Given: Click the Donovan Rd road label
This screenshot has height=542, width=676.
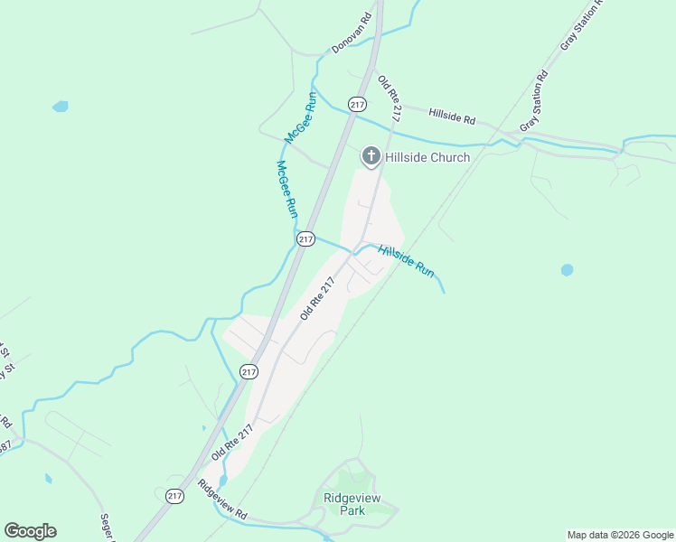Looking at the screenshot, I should click(x=352, y=33).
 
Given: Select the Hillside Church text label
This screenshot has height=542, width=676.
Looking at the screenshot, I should click(x=427, y=157).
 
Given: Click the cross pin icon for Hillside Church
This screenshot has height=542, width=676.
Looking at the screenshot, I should click(x=371, y=156).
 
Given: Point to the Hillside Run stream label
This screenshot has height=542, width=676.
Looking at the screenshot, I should click(x=407, y=261).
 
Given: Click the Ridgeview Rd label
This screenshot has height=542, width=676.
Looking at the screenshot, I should click(x=223, y=499).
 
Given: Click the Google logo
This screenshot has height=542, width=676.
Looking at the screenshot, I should click(x=30, y=531).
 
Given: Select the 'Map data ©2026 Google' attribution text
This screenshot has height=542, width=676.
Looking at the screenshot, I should click(x=620, y=535).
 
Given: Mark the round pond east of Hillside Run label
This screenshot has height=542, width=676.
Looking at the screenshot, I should click(x=567, y=269).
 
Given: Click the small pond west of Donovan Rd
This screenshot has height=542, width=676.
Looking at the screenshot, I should click(x=61, y=107).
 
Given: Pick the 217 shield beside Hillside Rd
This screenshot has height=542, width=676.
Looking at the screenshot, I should click(x=358, y=103).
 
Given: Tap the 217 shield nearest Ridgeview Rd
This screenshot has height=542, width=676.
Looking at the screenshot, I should click(x=175, y=496).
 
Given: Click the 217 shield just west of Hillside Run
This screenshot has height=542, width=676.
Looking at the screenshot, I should click(x=305, y=239).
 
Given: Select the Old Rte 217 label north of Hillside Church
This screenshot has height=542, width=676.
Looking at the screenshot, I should click(x=389, y=99).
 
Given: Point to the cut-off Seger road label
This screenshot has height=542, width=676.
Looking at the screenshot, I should click(x=108, y=528).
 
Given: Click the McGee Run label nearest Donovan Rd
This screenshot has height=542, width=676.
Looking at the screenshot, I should click(x=301, y=118).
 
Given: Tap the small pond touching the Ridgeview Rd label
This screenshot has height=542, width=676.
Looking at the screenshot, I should click(x=223, y=481).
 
